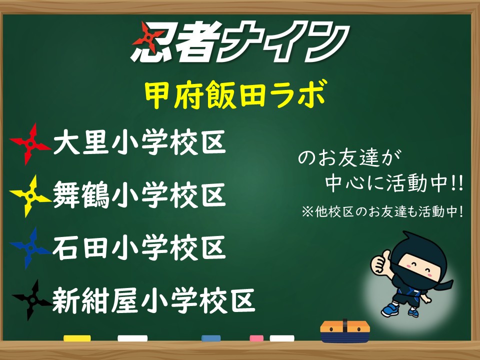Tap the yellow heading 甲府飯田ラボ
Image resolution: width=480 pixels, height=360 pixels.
coord(235,94)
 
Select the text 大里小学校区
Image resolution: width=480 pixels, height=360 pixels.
coord(139,142)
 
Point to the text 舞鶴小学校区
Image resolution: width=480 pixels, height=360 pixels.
coord(139,194)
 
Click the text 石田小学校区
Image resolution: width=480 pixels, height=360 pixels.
coord(139,247)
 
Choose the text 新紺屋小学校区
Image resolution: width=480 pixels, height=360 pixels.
coord(153,300)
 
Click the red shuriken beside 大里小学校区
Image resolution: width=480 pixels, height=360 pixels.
coord(30,143)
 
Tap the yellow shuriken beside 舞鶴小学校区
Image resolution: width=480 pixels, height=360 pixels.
coord(30,196)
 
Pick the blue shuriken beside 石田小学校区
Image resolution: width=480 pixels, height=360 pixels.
coord(30,248)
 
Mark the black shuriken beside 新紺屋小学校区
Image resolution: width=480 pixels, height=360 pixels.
coord(31,300)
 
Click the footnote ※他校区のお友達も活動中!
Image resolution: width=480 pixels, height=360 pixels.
coord(382,211)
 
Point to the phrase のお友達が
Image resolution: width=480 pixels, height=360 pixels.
coord(349,158)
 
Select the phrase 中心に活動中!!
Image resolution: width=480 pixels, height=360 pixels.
coord(394,183)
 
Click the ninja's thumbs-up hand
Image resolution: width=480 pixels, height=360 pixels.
coord(379,261)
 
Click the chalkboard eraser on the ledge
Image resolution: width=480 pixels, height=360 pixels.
coord(345,331)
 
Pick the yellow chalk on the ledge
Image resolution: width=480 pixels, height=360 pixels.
coord(77,338)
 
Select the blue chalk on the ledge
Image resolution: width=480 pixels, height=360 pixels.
coord(211,338)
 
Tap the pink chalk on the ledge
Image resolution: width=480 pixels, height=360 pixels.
coord(256,338)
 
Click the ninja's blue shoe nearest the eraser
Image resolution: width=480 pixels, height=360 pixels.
coord(390,309)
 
